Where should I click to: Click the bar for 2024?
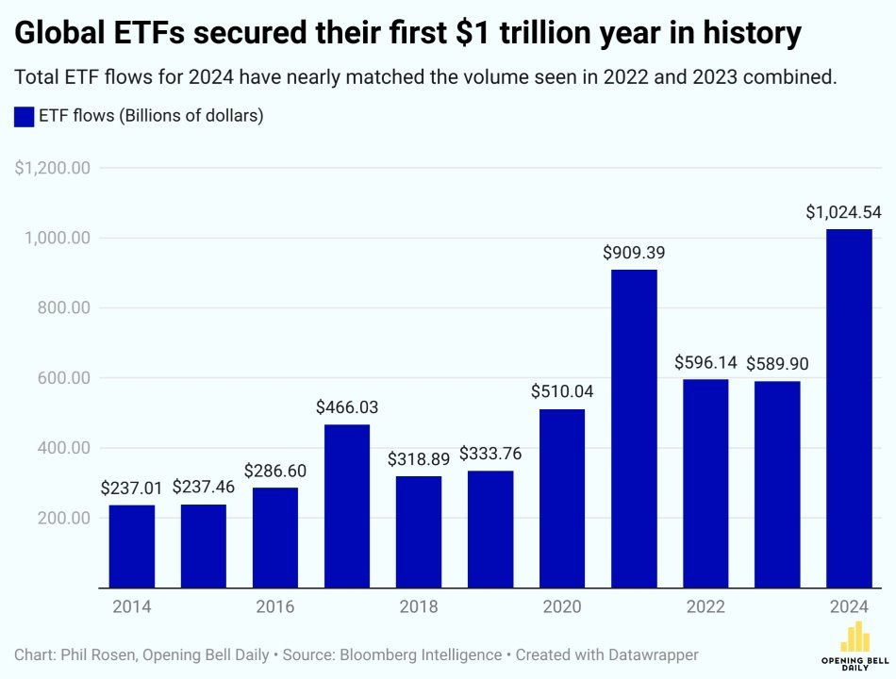(x=848, y=408)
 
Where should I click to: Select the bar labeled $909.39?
(x=634, y=429)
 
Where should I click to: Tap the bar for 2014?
(x=132, y=547)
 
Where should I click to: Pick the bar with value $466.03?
(x=347, y=506)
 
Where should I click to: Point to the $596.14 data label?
(x=705, y=363)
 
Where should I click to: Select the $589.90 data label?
(x=777, y=364)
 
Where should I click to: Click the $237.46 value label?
(x=204, y=489)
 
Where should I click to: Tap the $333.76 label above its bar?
(x=490, y=454)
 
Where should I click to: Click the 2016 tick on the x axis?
(x=275, y=606)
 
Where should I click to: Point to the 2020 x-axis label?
(x=562, y=606)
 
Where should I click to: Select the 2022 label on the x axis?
(x=705, y=606)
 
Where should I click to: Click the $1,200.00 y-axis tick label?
(x=52, y=168)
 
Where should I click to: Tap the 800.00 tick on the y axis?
(x=59, y=307)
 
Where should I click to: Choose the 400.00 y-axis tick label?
(x=59, y=448)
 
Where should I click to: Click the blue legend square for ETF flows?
(x=24, y=117)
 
